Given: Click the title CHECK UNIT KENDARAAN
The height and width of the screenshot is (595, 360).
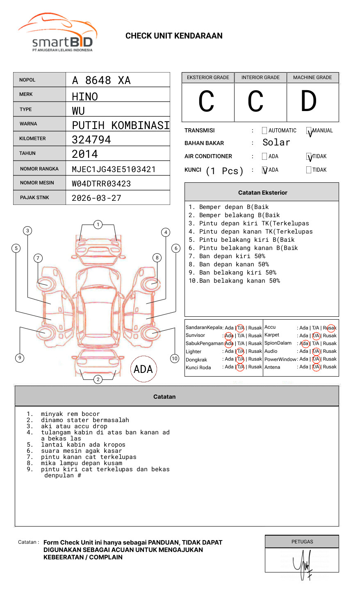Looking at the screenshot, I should (174, 36).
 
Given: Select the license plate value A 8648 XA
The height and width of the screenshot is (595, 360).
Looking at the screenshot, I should (101, 80).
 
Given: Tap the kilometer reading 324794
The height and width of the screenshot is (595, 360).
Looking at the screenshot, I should (91, 140).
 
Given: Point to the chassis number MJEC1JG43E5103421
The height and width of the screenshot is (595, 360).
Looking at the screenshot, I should (114, 169).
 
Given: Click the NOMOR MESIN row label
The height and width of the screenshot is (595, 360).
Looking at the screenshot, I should (37, 183).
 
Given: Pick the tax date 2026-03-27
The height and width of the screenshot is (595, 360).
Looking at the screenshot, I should (96, 198).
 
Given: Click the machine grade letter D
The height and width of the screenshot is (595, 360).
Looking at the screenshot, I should (309, 102).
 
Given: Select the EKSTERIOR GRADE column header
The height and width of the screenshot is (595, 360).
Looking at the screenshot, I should (208, 77).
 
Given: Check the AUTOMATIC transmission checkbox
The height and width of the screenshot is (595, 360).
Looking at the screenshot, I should (264, 131).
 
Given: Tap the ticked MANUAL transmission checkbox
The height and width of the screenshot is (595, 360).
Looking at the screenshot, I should (309, 131).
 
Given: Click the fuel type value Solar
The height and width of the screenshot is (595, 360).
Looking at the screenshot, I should (276, 143).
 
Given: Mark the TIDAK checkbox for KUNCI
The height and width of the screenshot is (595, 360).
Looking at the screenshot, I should (309, 170).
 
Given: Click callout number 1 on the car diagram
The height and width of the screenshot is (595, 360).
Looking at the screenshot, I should (98, 225).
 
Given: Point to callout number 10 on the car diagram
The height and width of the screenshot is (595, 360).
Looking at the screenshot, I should (175, 359).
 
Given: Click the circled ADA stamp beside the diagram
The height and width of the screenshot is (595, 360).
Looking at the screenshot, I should (144, 369).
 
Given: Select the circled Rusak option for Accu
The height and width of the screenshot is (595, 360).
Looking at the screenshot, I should (330, 328).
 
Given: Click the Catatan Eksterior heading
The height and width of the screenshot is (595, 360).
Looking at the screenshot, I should (262, 193).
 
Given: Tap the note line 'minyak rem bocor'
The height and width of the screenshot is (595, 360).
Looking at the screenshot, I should (70, 414).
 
